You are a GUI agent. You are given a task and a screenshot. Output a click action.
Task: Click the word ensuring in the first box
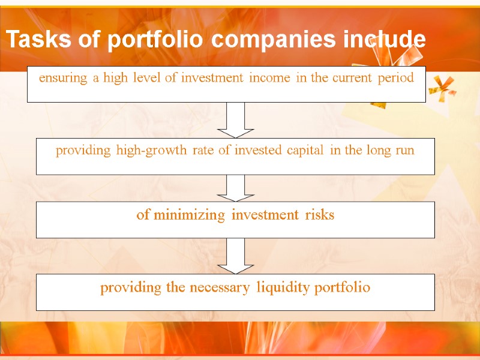click(x=63, y=78)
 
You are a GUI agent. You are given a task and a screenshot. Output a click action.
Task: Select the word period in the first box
click(x=396, y=78)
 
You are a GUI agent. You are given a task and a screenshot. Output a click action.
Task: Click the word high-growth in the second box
click(x=152, y=151)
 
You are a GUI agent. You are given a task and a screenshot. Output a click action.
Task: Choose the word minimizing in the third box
click(x=189, y=215)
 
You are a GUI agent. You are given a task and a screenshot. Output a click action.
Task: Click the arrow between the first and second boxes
click(x=235, y=120)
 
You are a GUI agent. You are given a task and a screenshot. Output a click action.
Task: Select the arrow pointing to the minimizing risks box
click(x=235, y=188)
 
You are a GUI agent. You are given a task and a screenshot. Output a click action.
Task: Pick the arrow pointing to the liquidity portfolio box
click(x=235, y=256)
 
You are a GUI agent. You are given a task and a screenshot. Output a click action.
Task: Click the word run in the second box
click(x=404, y=151)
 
